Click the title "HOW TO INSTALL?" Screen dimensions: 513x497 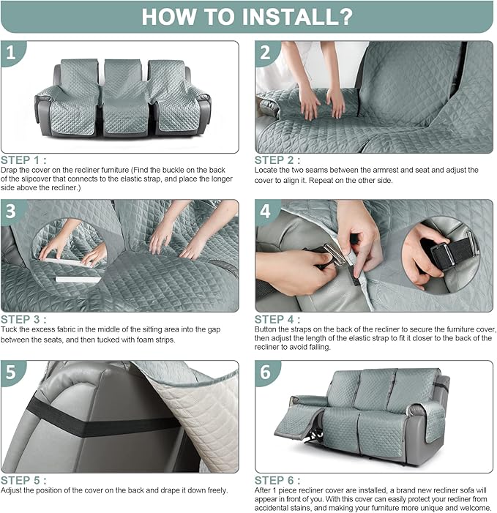click(x=247, y=17)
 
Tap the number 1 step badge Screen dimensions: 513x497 click(x=11, y=53)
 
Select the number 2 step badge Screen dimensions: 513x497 click(x=266, y=53)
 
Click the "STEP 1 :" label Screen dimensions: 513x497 click(x=24, y=160)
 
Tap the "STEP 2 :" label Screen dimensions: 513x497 click(x=278, y=160)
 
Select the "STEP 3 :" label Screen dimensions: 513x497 click(x=24, y=319)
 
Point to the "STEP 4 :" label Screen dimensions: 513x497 click(x=278, y=319)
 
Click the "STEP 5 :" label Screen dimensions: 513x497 click(x=24, y=480)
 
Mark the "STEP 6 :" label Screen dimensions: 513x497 click(x=278, y=480)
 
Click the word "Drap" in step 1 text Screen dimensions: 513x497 click(x=10, y=170)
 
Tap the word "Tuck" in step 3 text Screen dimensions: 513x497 click(x=10, y=329)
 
